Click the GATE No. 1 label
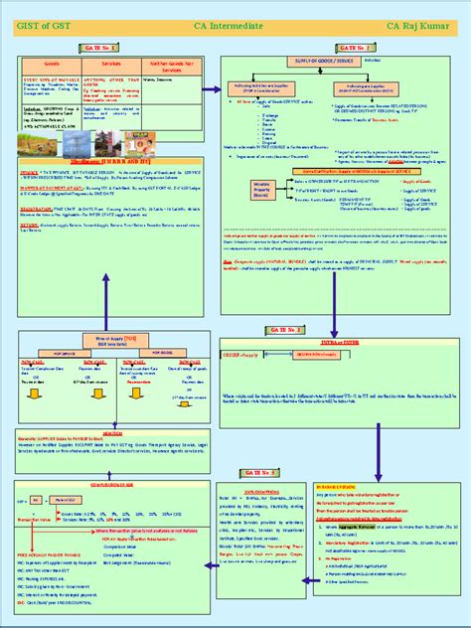107,47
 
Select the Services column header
108,63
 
